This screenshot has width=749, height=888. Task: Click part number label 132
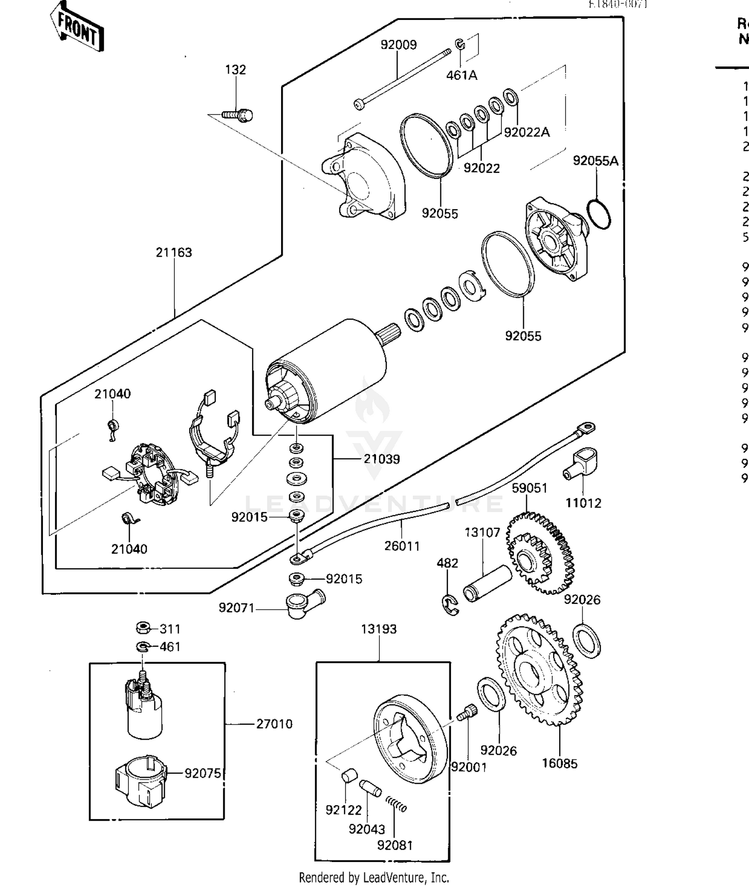235,69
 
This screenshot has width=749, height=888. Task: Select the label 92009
398,45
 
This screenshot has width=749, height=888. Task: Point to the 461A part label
461,75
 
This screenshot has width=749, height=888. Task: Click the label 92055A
595,161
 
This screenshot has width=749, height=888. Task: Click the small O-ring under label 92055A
598,214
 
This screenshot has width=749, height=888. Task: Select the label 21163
173,253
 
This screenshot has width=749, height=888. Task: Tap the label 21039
381,459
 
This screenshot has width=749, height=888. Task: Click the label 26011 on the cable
402,546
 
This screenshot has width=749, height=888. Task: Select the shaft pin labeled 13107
487,583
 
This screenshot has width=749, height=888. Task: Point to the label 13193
378,629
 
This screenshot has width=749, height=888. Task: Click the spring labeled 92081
397,804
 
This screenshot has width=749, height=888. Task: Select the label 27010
274,724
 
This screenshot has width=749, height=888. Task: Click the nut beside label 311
143,628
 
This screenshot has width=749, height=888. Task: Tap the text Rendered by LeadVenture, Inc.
374,877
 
